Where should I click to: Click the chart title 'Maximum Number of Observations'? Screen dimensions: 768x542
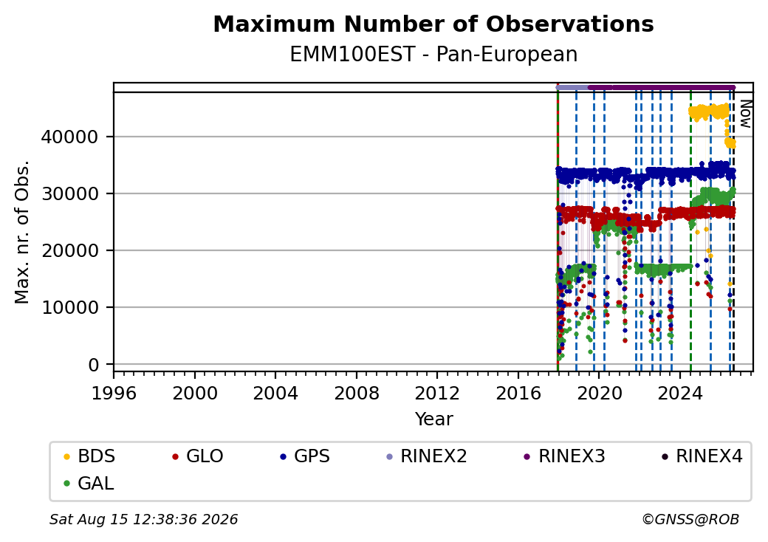tap(433, 24)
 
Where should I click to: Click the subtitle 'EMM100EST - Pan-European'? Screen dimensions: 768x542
tap(433, 55)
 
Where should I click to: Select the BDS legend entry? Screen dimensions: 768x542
tap(89, 456)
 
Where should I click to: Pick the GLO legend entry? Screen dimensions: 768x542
tap(198, 456)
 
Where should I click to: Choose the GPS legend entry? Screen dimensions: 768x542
tap(305, 456)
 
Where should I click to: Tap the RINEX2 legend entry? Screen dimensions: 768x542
tap(427, 456)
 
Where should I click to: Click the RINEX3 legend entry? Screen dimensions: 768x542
tap(564, 456)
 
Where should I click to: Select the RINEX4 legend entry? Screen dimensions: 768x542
tap(702, 456)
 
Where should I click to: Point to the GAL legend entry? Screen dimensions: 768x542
tap(89, 483)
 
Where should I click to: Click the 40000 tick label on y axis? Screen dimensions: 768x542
tap(69, 137)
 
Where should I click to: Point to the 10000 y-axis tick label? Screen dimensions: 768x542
tap(69, 308)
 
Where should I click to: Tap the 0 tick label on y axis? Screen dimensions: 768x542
tap(94, 365)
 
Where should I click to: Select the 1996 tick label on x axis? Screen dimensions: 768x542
tap(114, 393)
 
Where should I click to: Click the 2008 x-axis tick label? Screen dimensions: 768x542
tap(356, 393)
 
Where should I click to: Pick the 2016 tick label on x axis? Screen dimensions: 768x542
tap(518, 393)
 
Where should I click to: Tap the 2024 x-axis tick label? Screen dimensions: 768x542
tap(680, 393)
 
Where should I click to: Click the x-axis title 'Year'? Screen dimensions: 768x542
tap(434, 419)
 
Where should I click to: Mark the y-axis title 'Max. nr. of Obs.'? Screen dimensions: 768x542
tap(22, 232)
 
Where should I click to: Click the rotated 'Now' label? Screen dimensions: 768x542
tap(745, 114)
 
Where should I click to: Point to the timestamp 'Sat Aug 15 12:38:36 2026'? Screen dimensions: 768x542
tap(143, 519)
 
